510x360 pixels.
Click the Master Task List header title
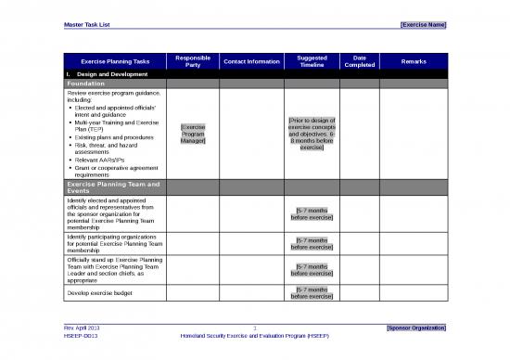coord(89,24)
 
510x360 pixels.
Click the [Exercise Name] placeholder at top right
coord(422,24)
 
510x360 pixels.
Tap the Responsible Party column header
coord(193,61)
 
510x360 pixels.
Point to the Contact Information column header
coord(252,61)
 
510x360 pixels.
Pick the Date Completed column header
coord(360,61)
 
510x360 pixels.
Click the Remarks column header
coord(414,61)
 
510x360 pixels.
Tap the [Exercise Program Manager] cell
coord(193,134)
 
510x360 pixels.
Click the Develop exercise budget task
coord(100,292)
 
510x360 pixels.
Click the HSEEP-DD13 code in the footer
coord(83,336)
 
